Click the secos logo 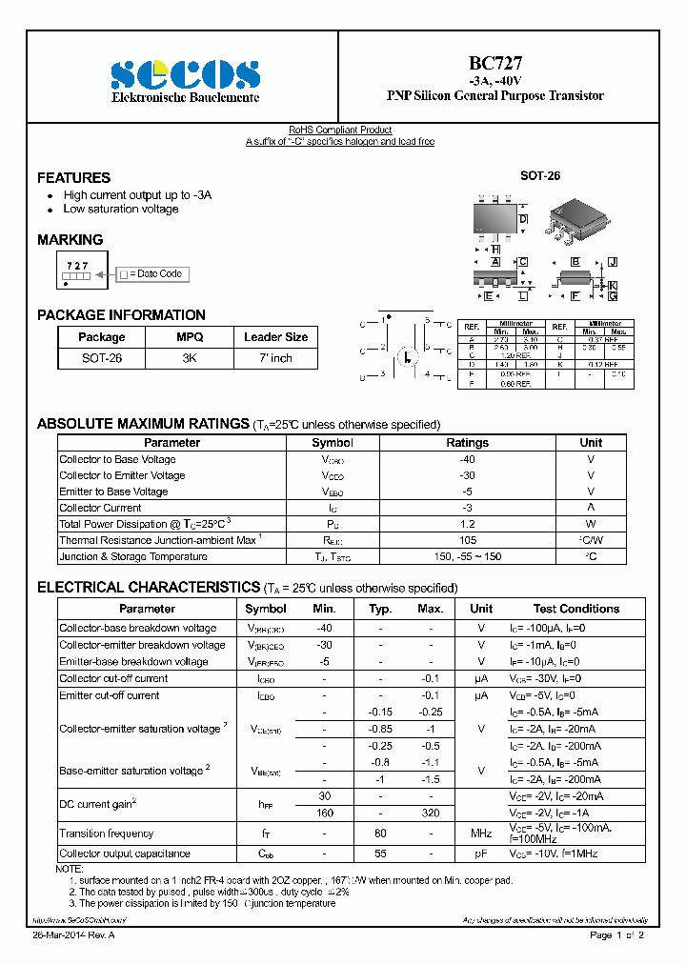click(x=185, y=75)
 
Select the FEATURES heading click(x=73, y=178)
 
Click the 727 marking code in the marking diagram click(x=78, y=266)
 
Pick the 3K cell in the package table click(x=189, y=358)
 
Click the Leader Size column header click(x=275, y=337)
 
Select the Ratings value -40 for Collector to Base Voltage click(x=467, y=459)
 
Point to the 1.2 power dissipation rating click(x=467, y=524)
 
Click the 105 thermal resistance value click(x=467, y=540)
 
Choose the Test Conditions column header click(x=575, y=609)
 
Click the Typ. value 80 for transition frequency click(x=380, y=834)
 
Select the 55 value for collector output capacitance click(x=380, y=854)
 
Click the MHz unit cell click(x=481, y=834)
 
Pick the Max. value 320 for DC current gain click(x=431, y=813)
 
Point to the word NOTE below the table click(x=70, y=869)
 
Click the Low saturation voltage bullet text click(x=121, y=209)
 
